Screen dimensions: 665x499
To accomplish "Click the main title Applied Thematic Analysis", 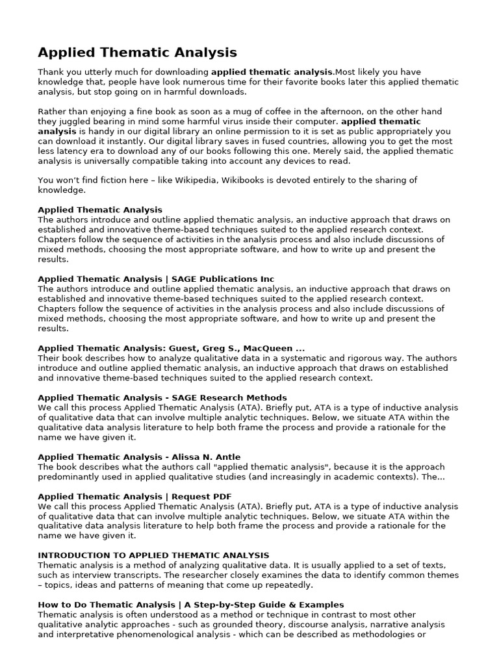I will (137, 53).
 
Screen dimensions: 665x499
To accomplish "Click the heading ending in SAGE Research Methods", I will (162, 397).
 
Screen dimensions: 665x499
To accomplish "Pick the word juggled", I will (77, 121).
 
